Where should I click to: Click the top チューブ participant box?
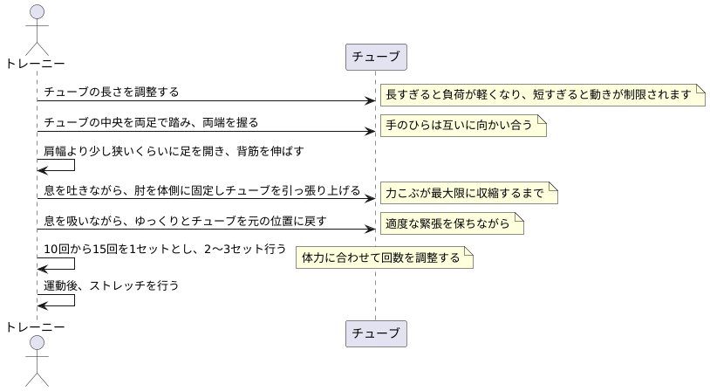click(x=376, y=58)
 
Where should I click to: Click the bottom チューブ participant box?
click(x=376, y=333)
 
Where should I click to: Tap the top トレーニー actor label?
click(x=36, y=63)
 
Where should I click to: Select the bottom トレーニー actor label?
click(x=36, y=326)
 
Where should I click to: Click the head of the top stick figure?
click(x=36, y=12)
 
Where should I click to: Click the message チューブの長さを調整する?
click(x=112, y=92)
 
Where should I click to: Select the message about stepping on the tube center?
click(x=151, y=122)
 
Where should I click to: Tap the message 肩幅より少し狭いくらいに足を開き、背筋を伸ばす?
click(x=174, y=152)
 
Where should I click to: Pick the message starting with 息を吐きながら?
click(x=201, y=189)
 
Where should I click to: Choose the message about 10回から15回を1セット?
click(x=165, y=250)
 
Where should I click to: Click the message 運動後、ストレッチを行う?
click(x=112, y=285)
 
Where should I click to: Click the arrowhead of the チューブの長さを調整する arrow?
click(x=370, y=101)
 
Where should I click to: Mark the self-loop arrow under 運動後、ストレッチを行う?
click(x=61, y=300)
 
